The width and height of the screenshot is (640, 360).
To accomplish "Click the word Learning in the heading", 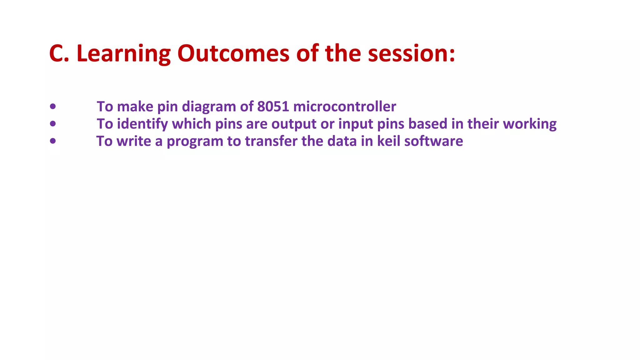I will (123, 54).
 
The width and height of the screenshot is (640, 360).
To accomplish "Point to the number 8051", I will (273, 107).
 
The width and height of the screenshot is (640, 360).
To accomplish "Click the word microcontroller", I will (345, 107).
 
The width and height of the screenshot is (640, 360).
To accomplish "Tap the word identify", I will (142, 124).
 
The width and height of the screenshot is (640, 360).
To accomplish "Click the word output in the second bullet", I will (294, 124).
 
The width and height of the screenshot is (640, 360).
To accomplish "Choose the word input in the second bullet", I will (356, 124).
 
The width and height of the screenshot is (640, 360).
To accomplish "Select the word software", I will (433, 141).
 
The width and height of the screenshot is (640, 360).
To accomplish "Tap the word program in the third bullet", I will (195, 142).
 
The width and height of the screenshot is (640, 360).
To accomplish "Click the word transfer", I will (271, 141).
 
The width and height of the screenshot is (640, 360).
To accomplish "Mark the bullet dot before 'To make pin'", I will (53, 107).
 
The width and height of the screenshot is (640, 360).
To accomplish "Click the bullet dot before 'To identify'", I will (53, 124).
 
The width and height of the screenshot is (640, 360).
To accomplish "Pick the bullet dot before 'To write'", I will (53, 141).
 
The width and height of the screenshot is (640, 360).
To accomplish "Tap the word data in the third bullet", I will (342, 141).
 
